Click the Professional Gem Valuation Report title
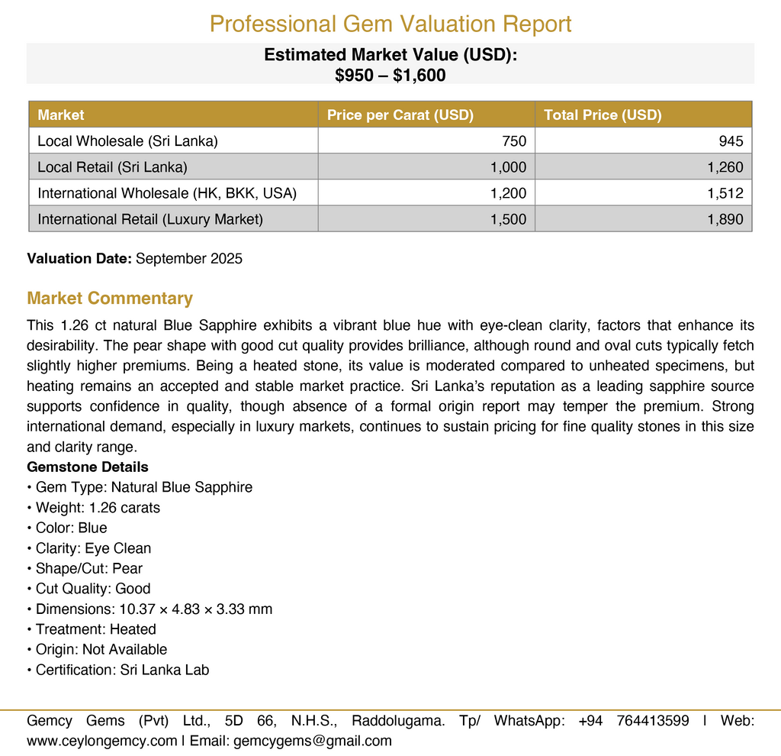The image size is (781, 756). point(390,24)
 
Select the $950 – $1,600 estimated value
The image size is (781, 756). point(390,75)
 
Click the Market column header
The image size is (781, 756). point(61,115)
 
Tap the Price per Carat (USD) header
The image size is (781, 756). point(400,115)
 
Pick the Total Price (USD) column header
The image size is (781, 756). point(603,115)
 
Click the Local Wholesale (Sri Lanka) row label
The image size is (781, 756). point(127,141)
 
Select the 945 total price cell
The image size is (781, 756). point(731,141)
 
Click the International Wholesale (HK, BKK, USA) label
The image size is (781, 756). point(167,193)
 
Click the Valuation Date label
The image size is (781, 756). point(79,258)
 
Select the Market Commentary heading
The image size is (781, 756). point(110,298)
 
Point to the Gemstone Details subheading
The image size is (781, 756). point(88,467)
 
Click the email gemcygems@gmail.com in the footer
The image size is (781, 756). point(312,740)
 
